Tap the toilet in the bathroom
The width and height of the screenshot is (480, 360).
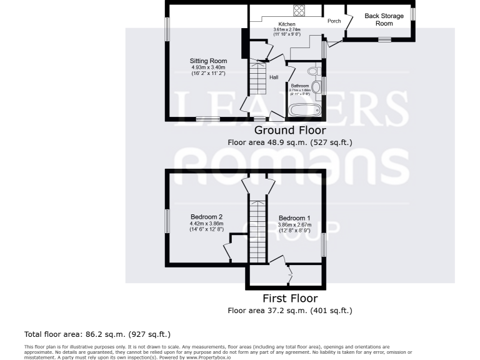[x=317, y=70]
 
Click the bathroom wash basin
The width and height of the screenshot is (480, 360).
[x=316, y=86]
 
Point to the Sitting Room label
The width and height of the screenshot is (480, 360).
[x=208, y=61]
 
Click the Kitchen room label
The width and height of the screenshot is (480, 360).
[x=287, y=24]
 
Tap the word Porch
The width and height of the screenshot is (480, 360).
[x=334, y=21]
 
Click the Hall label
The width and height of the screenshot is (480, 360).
[x=274, y=77]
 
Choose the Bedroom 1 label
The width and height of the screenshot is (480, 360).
[x=294, y=218]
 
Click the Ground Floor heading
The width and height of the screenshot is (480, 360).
[x=289, y=131]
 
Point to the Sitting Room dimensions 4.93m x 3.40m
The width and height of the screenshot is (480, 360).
[x=208, y=67]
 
